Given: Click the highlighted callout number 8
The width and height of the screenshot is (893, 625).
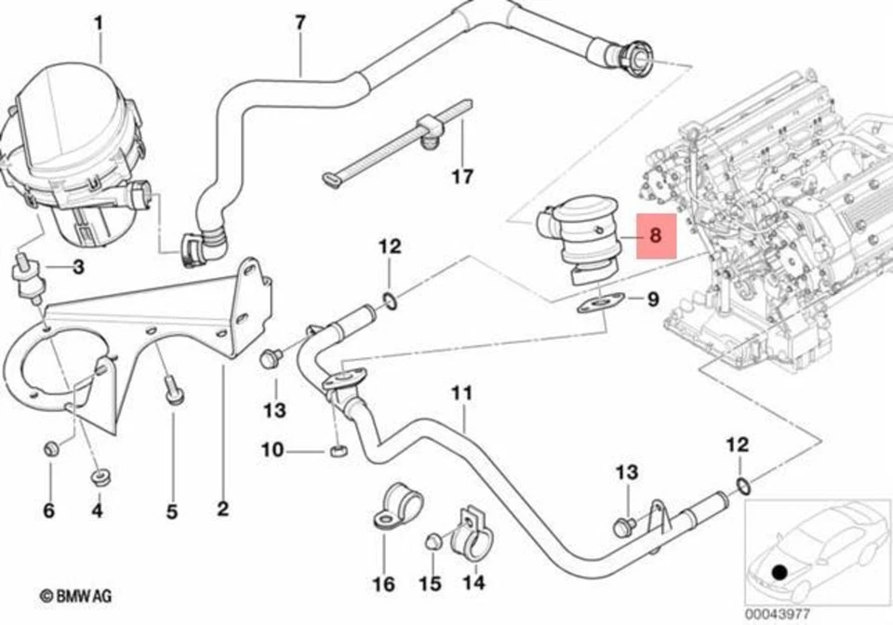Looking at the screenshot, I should coord(655,236).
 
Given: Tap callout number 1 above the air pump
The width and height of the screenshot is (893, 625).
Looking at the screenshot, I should coord(100,20).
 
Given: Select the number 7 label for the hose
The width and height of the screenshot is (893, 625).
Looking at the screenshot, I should coord(300,22).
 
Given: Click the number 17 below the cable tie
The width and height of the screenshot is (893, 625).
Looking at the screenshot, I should coord(462,176).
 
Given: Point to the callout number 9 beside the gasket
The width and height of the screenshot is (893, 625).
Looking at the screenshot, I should coord(653,299).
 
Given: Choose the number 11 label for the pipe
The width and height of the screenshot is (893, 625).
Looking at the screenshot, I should coord(462,393).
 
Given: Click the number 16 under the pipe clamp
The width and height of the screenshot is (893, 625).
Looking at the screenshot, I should coord(383,584).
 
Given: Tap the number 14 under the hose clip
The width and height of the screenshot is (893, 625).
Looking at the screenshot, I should coord(473,583).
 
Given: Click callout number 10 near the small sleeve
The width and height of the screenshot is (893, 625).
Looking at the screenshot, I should coord(271,451).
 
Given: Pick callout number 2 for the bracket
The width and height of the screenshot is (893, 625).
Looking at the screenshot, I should coord(222,509).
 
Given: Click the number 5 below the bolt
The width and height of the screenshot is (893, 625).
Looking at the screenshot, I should coord(172,510).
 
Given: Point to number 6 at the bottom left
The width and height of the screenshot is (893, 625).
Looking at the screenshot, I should coord(48,510).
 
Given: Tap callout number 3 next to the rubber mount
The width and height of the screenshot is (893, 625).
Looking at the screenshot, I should coord(78,268).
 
